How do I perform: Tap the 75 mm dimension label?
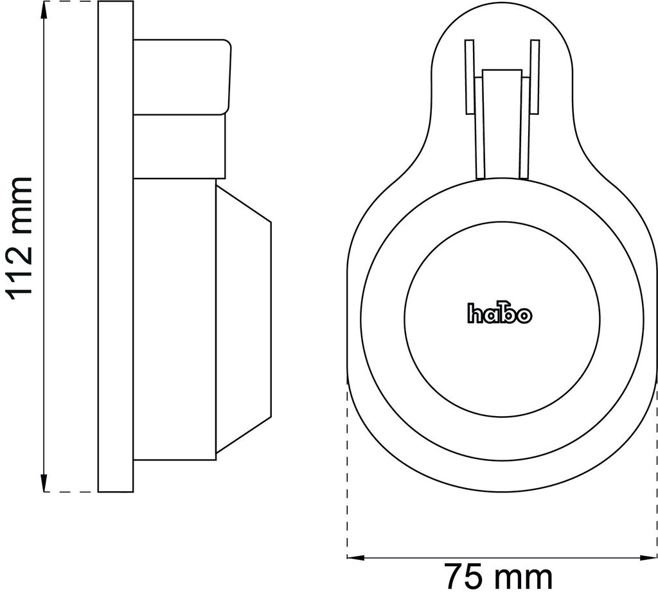(499, 577)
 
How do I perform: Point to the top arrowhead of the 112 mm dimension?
(44, 9)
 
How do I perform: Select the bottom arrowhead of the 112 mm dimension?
(44, 483)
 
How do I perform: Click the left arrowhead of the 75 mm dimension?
(355, 557)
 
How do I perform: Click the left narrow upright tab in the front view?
(469, 77)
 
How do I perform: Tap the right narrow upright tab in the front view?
(534, 77)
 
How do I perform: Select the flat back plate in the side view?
(116, 246)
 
